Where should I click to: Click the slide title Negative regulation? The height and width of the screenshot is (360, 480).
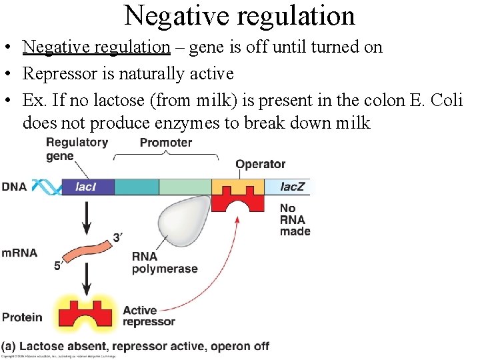point(239,15)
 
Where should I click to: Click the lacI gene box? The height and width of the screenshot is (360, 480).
point(87,187)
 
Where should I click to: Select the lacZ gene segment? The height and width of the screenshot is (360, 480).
point(289,187)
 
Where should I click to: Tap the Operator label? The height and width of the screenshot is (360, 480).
point(260,164)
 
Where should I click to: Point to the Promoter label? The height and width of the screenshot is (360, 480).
point(165,143)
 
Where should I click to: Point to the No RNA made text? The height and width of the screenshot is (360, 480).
point(294,220)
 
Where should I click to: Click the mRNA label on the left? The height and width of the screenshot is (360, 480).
point(19,253)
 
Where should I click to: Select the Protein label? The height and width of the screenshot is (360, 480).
point(21,317)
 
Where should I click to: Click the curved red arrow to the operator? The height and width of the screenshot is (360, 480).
point(220,273)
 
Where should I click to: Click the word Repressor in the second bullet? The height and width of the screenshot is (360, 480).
point(55,73)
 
